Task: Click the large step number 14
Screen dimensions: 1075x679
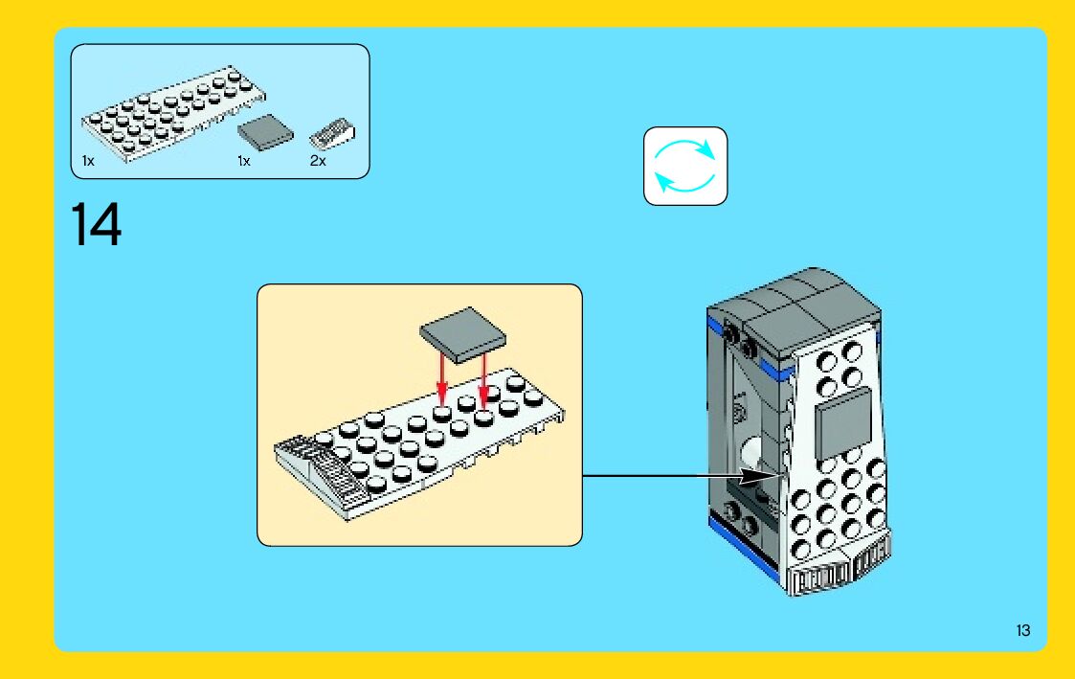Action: coord(96,225)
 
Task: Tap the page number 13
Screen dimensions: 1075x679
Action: coord(1023,630)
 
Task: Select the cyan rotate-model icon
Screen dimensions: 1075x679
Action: coord(685,166)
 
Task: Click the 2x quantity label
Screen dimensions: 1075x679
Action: coord(318,161)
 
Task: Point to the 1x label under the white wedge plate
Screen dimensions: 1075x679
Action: coord(88,161)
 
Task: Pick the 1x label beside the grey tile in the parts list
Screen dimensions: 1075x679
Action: coord(243,161)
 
